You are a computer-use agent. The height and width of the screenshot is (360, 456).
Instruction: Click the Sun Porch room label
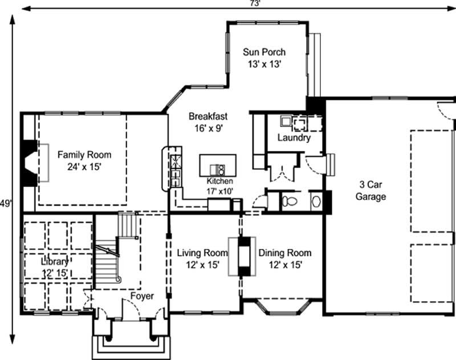(x=264, y=52)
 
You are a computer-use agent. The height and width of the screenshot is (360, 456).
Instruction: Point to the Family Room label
(x=84, y=154)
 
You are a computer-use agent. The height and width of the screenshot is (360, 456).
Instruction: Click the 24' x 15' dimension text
(x=84, y=166)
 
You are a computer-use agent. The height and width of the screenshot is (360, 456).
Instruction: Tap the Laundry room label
(x=294, y=138)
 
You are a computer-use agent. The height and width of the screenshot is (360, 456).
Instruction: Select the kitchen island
(x=218, y=166)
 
